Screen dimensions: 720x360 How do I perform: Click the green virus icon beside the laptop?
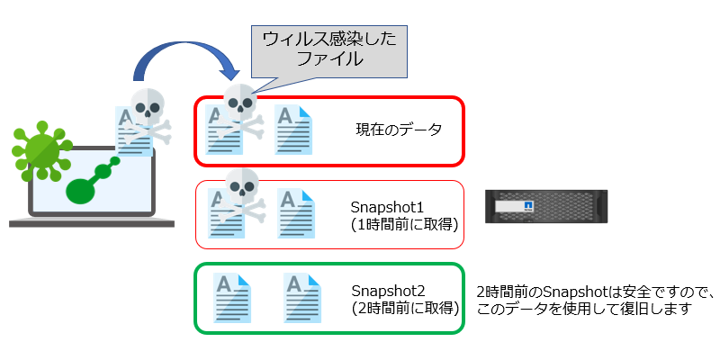41,150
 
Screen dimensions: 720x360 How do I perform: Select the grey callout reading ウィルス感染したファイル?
328,50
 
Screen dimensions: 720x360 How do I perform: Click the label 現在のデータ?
399,130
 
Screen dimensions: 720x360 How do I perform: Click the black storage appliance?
546,206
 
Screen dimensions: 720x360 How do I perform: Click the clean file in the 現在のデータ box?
293,130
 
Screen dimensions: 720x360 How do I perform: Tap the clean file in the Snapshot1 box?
296,213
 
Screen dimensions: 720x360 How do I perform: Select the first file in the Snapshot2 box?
232,298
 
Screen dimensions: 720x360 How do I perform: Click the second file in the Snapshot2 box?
302,298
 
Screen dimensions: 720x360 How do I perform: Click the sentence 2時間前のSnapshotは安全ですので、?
595,292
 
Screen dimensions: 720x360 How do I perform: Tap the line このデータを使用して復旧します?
584,309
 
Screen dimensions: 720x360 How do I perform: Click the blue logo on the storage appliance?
528,206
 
